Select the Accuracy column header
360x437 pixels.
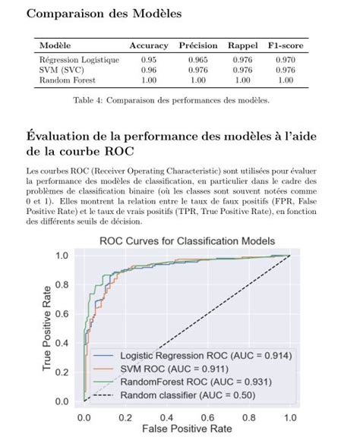148,46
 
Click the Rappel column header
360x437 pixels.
242,46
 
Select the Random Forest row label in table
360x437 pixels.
66,79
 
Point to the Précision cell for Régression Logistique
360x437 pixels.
197,59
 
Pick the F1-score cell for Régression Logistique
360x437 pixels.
285,59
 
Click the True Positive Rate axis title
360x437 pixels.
48,329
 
